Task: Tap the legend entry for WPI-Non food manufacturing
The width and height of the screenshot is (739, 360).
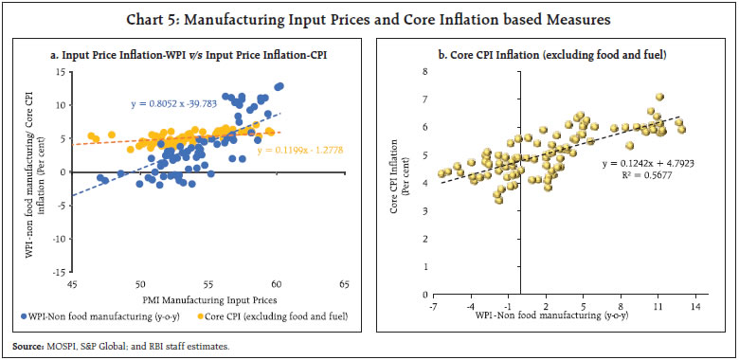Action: (x=99, y=316)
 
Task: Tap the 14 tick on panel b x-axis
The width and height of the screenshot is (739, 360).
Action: (x=695, y=308)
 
